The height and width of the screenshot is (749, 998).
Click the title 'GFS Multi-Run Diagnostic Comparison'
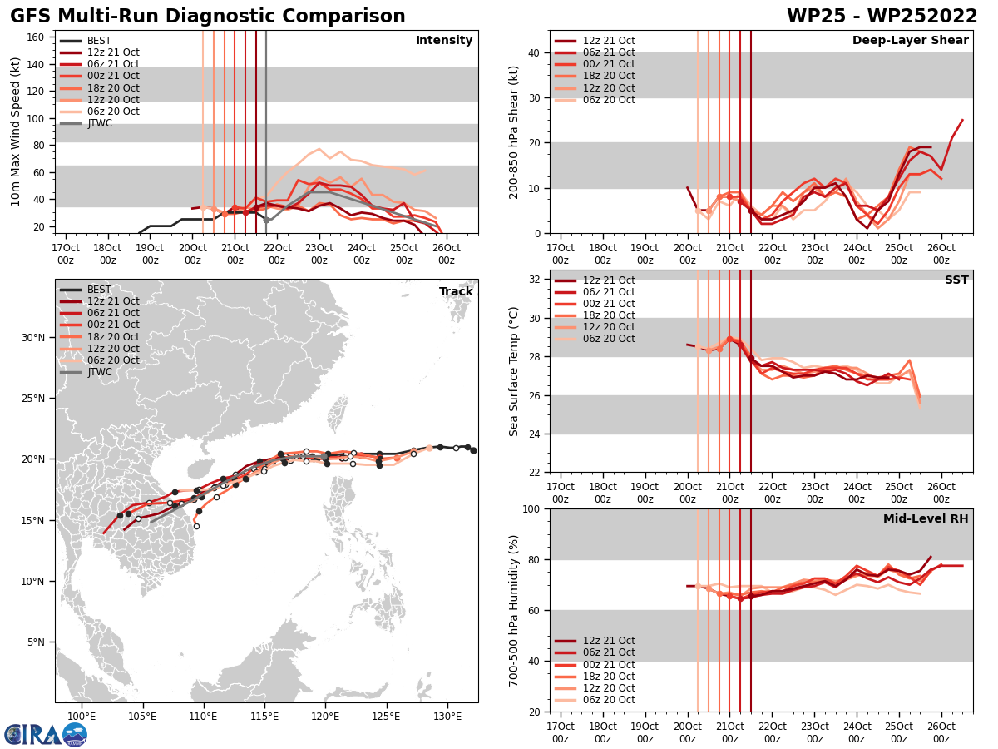tap(208, 17)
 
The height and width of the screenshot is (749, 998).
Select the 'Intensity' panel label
tap(444, 41)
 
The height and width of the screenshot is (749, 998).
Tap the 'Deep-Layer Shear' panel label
tap(910, 41)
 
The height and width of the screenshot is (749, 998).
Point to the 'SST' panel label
tap(956, 280)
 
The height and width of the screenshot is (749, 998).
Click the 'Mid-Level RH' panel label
tap(926, 519)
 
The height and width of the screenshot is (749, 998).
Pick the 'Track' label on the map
tap(456, 292)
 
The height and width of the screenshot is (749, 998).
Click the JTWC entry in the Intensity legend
tap(99, 123)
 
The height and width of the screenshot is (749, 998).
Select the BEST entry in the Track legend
tap(99, 290)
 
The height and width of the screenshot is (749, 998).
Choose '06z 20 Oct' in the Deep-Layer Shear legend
tap(610, 100)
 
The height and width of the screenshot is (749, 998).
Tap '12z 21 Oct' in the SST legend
tap(610, 280)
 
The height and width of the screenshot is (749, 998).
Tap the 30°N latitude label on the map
tap(33, 338)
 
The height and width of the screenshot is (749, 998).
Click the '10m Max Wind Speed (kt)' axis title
tap(15, 131)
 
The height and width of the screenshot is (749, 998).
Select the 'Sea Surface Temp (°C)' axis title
tap(514, 371)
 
